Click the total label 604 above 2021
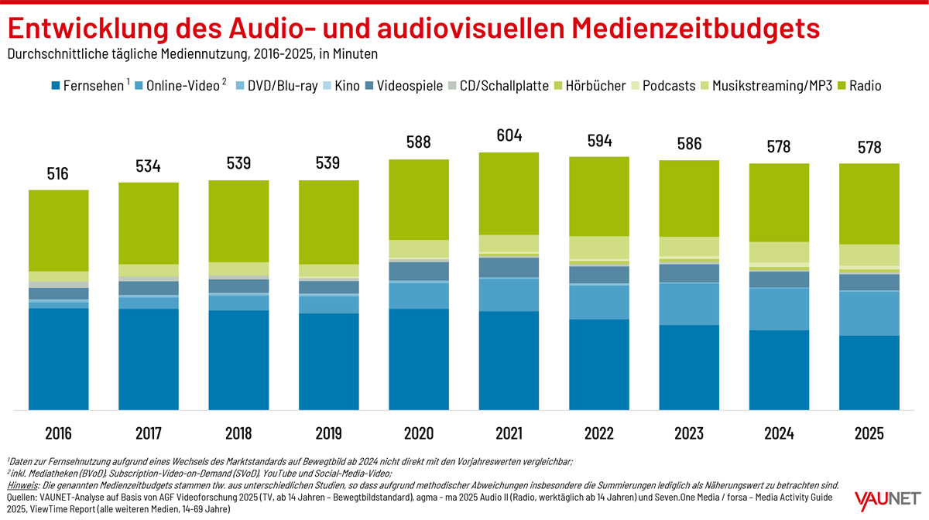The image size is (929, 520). point(509,135)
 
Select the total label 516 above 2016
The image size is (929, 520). point(58,173)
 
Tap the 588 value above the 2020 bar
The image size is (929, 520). point(418,142)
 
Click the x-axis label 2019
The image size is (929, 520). point(328,433)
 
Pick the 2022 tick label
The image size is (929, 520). point(598,433)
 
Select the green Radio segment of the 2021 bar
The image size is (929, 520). point(509,193)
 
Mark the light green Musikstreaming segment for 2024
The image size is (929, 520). point(779,252)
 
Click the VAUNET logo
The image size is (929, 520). point(886,498)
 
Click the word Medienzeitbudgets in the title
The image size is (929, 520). point(695,28)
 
